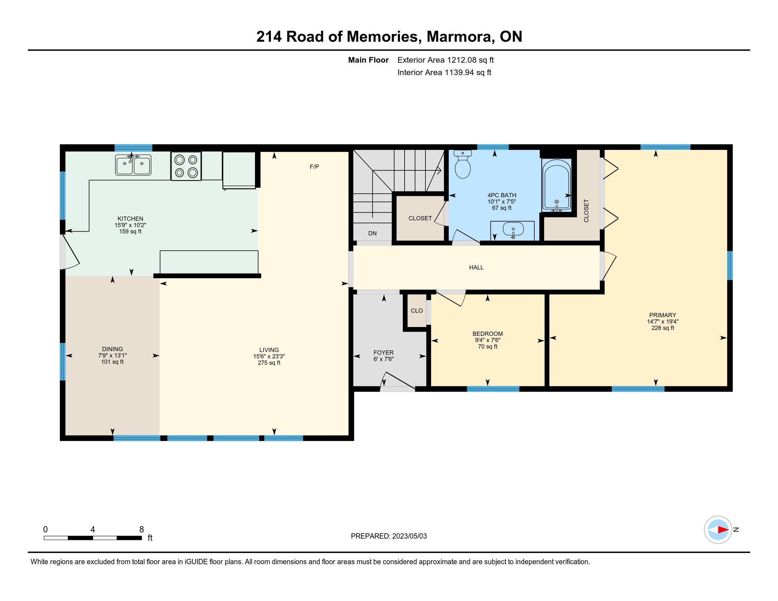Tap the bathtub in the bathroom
click(x=556, y=185)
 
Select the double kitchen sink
click(x=133, y=165)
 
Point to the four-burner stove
click(x=186, y=166)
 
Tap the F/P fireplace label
click(x=314, y=167)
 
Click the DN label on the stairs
click(x=372, y=234)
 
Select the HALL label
click(x=476, y=267)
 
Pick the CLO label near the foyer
click(x=417, y=311)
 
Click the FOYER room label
click(x=383, y=352)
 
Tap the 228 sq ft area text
click(x=663, y=328)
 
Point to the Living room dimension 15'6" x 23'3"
click(x=269, y=356)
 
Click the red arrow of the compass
click(x=723, y=530)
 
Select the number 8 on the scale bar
click(x=141, y=530)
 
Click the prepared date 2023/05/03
click(x=409, y=536)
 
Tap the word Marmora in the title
click(x=460, y=37)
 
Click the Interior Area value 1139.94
click(x=459, y=72)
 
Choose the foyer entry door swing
click(x=397, y=380)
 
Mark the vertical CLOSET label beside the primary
click(x=586, y=211)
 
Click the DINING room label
click(x=112, y=349)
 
